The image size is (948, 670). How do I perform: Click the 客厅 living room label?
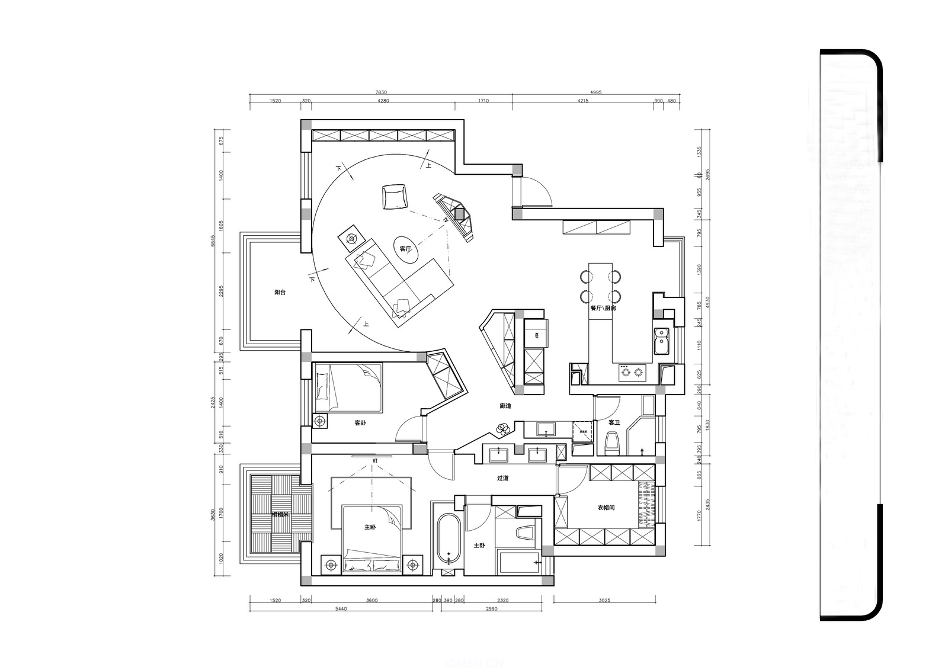pos(405,249)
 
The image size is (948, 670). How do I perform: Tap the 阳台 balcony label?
pos(280,293)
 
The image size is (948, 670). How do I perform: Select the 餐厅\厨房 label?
pos(603,309)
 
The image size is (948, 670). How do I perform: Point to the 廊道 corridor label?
pos(505,406)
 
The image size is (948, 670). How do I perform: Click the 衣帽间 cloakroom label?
pos(606,508)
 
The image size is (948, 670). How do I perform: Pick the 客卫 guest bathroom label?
pos(614,422)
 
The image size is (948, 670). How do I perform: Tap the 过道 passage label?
pos(502,478)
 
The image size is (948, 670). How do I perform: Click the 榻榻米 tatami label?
pos(280,514)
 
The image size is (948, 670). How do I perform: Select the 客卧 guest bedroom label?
pos(360,423)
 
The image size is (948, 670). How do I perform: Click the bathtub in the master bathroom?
pos(449,538)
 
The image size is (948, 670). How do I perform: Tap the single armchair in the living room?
pos(394,197)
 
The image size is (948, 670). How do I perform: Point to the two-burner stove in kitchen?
pos(631,373)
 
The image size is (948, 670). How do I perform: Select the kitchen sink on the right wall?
pos(661,340)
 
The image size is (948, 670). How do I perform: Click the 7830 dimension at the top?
pos(381,92)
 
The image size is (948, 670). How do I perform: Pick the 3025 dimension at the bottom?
pos(604,600)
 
